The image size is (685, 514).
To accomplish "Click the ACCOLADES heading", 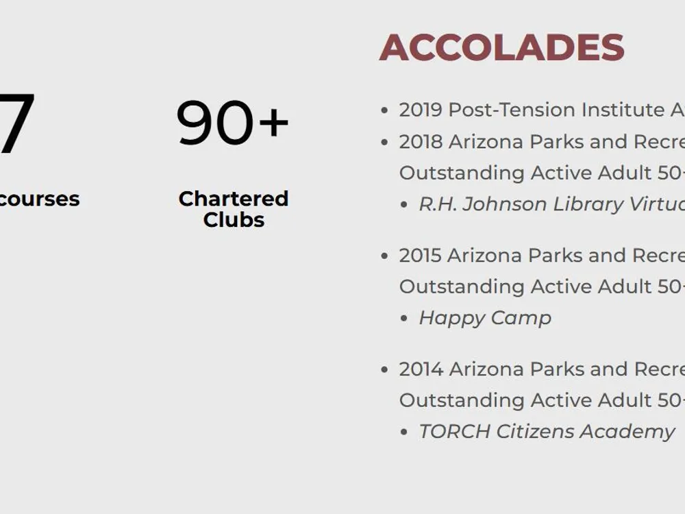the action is (501, 48).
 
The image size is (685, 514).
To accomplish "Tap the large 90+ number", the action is (232, 123).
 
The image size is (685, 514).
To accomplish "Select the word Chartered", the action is (234, 199).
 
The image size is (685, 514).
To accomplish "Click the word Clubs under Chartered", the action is (234, 219).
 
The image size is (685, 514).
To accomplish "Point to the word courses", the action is (38, 199).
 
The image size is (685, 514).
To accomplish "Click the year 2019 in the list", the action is (421, 110).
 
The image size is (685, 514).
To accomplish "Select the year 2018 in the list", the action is (421, 142).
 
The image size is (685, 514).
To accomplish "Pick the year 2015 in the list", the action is (421, 255).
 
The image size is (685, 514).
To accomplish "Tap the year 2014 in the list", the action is (421, 369).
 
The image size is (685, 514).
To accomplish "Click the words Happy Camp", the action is (485, 318).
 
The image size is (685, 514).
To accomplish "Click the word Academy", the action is (627, 432).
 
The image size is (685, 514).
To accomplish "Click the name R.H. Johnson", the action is (483, 204).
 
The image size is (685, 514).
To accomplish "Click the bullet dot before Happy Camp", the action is (404, 319).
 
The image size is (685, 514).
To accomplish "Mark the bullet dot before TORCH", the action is (404, 432).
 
